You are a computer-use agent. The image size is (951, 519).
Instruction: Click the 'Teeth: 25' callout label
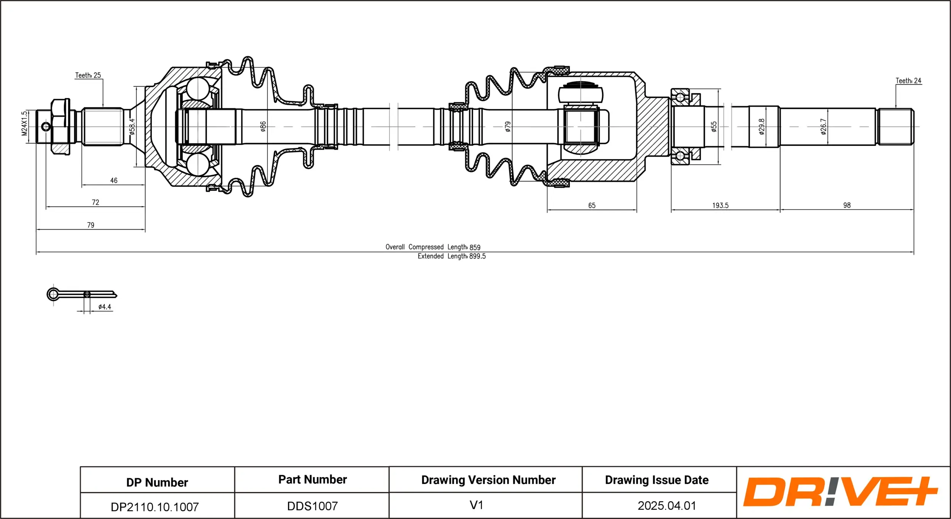(88, 75)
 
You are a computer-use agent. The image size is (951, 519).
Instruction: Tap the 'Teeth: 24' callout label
(908, 81)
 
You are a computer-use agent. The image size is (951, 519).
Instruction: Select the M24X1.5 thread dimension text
(25, 123)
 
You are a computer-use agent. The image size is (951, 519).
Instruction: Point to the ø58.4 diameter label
(132, 127)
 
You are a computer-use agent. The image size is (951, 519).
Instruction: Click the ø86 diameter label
(263, 127)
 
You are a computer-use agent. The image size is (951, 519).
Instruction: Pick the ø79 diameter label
(508, 127)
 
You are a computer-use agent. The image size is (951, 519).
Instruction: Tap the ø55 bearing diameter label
(714, 127)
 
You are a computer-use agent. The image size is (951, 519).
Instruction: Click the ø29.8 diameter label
(762, 127)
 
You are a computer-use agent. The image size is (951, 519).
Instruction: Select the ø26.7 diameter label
(824, 127)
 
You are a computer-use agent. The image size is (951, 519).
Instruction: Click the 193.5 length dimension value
(720, 206)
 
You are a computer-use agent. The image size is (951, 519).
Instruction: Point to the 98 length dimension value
(847, 205)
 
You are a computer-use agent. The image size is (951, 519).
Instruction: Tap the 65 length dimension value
(592, 206)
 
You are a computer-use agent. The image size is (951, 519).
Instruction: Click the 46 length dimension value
(114, 180)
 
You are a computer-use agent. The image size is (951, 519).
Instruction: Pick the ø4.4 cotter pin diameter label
(105, 307)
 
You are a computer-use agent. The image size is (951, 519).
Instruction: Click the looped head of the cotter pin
(53, 294)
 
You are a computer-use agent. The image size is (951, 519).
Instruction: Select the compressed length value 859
(475, 248)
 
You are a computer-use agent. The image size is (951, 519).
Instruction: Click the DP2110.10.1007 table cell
(155, 507)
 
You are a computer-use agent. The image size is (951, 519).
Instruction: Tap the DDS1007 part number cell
(312, 506)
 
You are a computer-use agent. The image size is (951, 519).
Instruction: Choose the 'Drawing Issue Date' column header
(657, 480)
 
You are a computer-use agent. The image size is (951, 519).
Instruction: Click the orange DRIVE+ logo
(840, 492)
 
